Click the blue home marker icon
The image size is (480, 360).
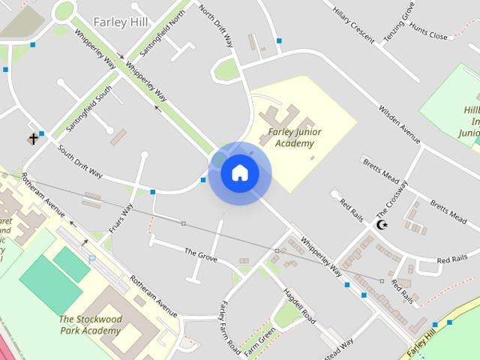[240, 173]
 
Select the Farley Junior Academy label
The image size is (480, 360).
[293, 138]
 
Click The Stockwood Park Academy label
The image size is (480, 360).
[90, 325]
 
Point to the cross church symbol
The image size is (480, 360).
[33, 139]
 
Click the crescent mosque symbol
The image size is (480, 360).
[382, 224]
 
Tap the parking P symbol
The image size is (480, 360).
[92, 259]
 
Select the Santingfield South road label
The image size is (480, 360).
[89, 109]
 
